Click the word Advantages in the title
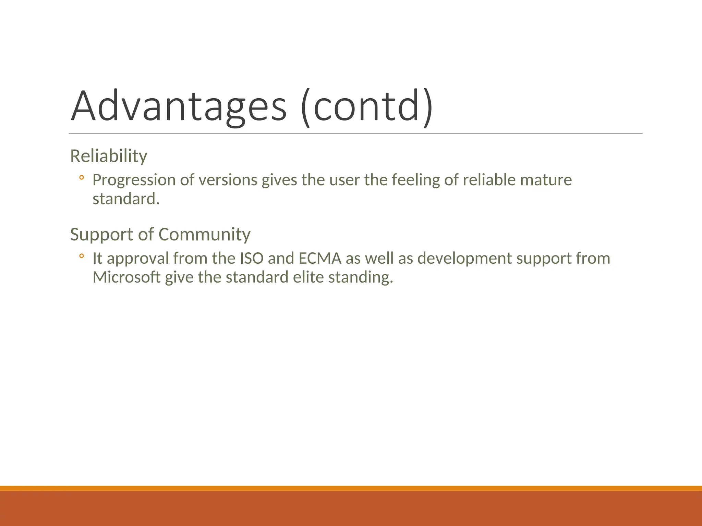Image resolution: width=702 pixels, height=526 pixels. click(x=178, y=106)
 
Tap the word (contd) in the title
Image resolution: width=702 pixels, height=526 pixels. click(x=367, y=107)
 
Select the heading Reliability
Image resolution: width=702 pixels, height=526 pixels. click(x=109, y=156)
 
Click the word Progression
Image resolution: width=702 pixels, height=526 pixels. click(x=134, y=180)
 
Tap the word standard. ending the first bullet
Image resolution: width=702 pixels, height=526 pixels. click(x=126, y=199)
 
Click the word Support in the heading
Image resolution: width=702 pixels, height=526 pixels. click(x=101, y=235)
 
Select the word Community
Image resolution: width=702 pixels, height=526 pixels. click(x=204, y=235)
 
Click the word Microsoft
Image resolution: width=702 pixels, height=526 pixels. click(x=126, y=277)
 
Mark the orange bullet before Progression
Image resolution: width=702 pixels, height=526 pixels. click(x=81, y=178)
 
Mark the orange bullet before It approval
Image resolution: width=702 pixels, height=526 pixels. click(x=81, y=256)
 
